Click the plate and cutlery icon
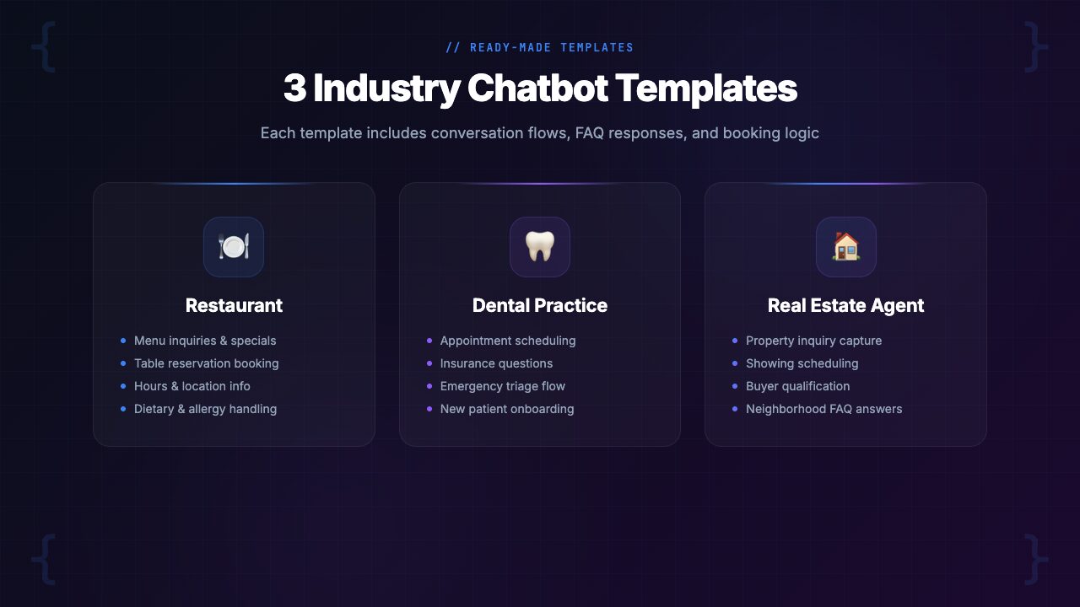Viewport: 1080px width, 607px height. [x=234, y=247]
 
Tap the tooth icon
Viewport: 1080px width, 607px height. [x=540, y=247]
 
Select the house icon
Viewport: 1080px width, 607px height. [x=846, y=247]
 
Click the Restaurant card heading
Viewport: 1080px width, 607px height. [x=234, y=305]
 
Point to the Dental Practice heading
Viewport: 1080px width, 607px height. [x=540, y=305]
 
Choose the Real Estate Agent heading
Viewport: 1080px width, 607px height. [x=845, y=305]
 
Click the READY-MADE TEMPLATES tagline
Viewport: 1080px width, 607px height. [x=540, y=48]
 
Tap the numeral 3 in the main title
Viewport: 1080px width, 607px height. [x=294, y=89]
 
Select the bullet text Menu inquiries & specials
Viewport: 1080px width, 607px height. [x=205, y=341]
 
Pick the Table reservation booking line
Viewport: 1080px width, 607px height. [x=206, y=363]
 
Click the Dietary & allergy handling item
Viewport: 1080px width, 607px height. [x=205, y=409]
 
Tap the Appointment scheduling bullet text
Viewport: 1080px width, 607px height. [x=508, y=341]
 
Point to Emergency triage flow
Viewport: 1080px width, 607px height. [x=503, y=386]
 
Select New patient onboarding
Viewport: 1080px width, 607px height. [x=507, y=409]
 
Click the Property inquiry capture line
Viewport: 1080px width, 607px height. [x=813, y=341]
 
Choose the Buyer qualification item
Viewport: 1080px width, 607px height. [x=797, y=386]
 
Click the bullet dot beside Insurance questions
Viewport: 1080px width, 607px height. [x=429, y=363]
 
